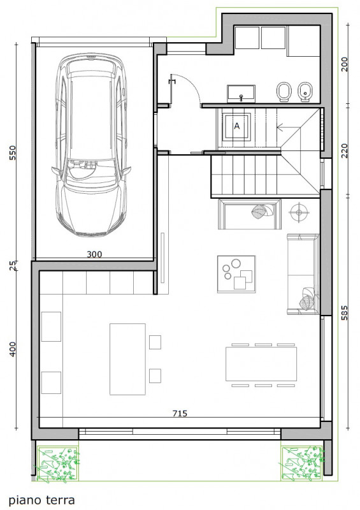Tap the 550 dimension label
click(x=13, y=152)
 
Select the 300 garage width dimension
click(x=94, y=254)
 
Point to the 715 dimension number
click(x=180, y=413)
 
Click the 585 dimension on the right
click(x=345, y=312)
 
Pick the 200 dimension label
click(x=345, y=64)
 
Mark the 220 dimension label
click(x=345, y=151)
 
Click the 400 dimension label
click(x=13, y=349)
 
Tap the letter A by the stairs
click(x=237, y=126)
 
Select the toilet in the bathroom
click(x=284, y=92)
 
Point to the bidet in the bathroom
click(x=305, y=92)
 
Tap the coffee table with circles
click(x=236, y=274)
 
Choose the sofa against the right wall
click(x=303, y=274)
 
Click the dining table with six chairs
click(x=261, y=365)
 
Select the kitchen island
click(x=127, y=359)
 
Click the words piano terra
click(x=41, y=500)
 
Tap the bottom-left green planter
click(x=57, y=463)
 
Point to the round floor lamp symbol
click(x=299, y=212)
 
